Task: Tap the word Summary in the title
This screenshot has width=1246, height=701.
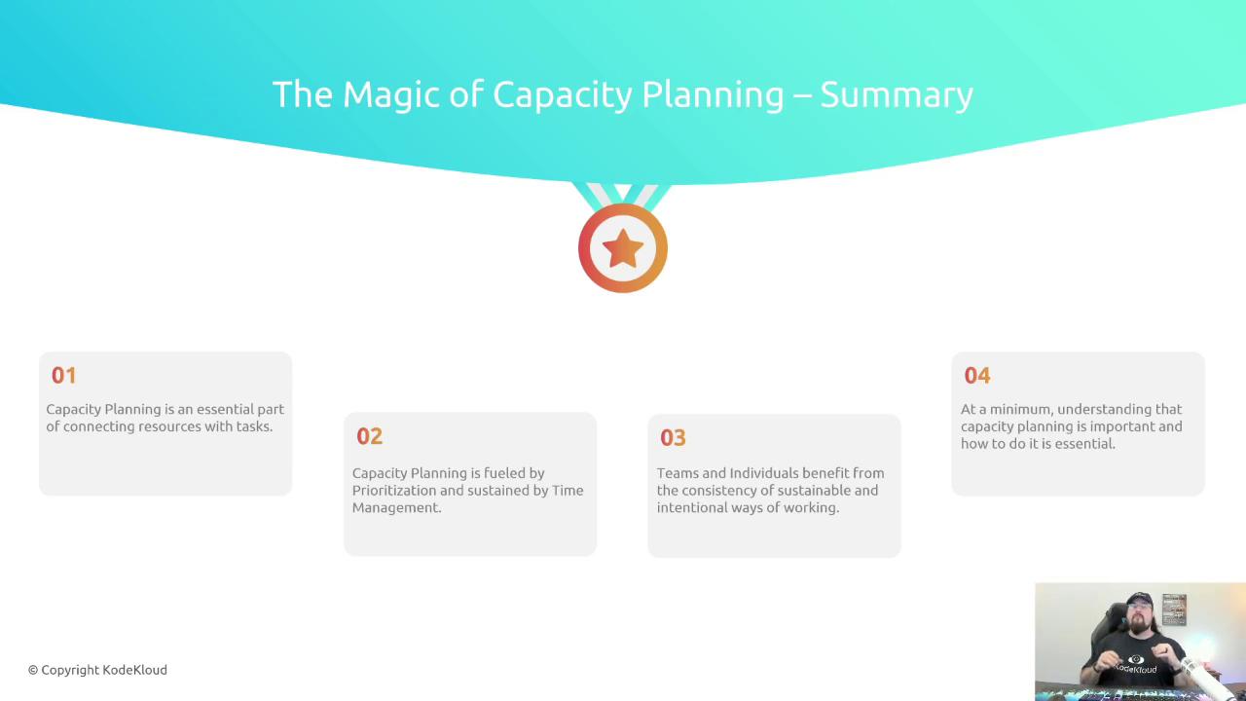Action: coord(897,96)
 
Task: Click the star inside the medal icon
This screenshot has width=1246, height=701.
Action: coord(623,248)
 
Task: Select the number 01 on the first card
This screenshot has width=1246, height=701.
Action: coord(63,376)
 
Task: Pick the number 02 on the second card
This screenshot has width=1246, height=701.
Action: coord(369,436)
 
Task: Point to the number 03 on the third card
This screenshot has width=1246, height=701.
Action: coord(673,438)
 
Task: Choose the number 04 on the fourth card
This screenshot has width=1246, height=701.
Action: coord(977,376)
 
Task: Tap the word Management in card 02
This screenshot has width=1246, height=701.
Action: coord(396,508)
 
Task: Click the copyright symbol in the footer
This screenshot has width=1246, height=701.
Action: coord(33,671)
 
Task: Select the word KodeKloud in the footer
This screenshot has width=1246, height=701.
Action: coord(135,670)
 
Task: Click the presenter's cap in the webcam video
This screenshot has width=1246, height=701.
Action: coord(1139,600)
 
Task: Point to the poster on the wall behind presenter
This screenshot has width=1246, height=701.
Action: coord(1174,609)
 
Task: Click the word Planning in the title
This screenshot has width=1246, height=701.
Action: coord(713,95)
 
